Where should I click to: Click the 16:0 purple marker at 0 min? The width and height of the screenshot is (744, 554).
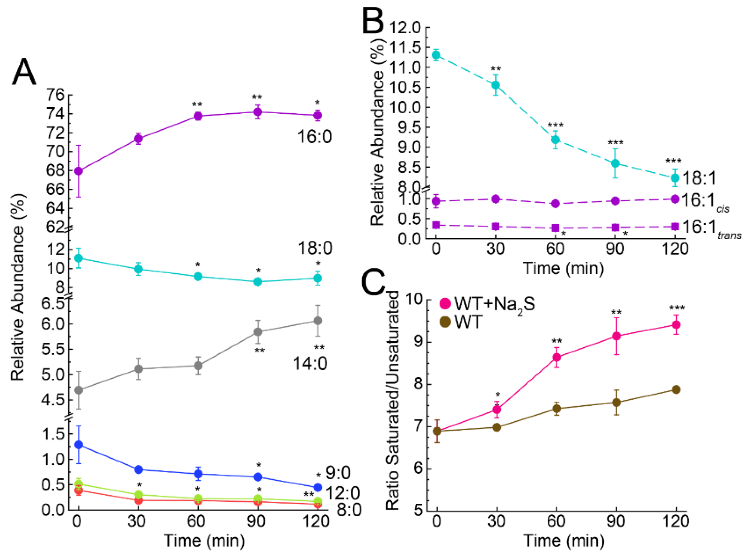click(78, 171)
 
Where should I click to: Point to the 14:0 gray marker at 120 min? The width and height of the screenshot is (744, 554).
click(318, 321)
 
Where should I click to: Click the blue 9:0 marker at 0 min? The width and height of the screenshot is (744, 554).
click(78, 445)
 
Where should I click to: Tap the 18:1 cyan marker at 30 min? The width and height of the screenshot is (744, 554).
click(495, 85)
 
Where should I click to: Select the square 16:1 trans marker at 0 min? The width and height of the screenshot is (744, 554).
click(436, 225)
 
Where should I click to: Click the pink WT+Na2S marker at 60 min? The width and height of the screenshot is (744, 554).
click(557, 357)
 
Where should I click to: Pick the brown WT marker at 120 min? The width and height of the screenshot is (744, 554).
click(676, 389)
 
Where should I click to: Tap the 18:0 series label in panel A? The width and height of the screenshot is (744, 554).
click(315, 248)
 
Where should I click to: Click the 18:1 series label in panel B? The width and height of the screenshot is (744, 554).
click(699, 178)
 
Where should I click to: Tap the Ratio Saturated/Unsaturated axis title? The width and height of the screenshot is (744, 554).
click(393, 401)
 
